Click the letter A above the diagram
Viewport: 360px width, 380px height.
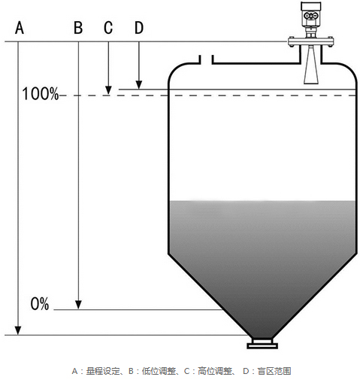[x=20, y=28]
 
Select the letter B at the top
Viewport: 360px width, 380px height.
[x=78, y=28]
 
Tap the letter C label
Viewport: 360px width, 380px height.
[x=108, y=28]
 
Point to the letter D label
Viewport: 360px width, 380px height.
[x=139, y=28]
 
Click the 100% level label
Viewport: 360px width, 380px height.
[x=41, y=94]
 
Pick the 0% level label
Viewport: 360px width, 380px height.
[x=40, y=304]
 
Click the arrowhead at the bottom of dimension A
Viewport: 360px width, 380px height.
[x=18, y=330]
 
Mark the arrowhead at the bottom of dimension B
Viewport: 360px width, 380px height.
[x=78, y=305]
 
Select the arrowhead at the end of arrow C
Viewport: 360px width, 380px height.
[x=108, y=90]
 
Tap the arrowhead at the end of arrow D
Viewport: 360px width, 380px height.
[x=139, y=85]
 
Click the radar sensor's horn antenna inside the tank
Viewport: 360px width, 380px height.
[x=311, y=65]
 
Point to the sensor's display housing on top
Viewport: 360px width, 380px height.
[x=310, y=13]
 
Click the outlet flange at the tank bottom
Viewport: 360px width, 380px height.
[x=262, y=343]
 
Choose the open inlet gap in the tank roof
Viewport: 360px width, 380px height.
[x=206, y=59]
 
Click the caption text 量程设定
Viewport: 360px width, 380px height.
[x=103, y=371]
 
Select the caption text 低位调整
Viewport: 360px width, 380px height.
[x=159, y=371]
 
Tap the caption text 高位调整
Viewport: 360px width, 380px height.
[x=215, y=371]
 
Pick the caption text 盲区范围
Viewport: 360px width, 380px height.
[x=274, y=371]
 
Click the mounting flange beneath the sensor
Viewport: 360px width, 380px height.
[x=310, y=41]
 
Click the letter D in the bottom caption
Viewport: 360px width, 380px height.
[x=246, y=371]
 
